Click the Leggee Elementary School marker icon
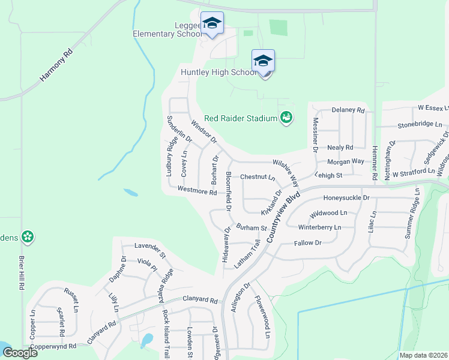point(212,23)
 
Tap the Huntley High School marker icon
point(263,61)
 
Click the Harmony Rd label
point(56,65)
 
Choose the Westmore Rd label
point(197,192)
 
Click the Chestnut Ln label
point(257,178)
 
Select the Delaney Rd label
point(348,110)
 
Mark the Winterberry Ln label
point(319,227)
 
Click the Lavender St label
point(149,246)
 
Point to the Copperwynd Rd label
point(55,346)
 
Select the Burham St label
point(251,228)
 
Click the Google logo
point(20,353)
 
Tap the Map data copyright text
point(423,355)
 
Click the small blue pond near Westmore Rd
point(130,193)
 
